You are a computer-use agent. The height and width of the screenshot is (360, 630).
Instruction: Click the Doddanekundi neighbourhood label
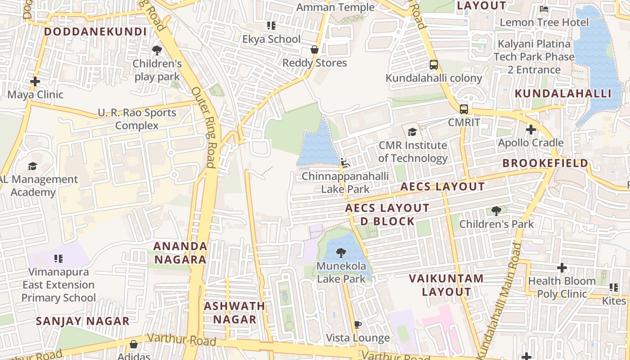tap(95, 31)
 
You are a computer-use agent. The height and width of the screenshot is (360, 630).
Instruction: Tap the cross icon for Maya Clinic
tap(35, 81)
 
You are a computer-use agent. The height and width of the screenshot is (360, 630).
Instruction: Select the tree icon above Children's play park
tap(157, 50)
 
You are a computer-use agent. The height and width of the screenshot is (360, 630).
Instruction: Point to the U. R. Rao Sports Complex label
tap(137, 119)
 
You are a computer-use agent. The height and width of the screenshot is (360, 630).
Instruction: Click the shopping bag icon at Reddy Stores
tap(315, 49)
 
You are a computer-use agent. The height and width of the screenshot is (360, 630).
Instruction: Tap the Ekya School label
tap(271, 39)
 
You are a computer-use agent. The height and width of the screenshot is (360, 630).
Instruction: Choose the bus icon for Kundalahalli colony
tap(434, 65)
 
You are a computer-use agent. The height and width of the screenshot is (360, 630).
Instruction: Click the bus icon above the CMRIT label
tap(464, 109)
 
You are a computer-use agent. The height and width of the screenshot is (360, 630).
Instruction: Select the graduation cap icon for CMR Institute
tap(412, 132)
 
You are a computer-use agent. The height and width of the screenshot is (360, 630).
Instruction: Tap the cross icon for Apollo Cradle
tap(531, 130)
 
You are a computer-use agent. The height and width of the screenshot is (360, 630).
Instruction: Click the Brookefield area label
tap(545, 163)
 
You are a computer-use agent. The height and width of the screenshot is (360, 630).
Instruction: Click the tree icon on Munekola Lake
tap(342, 252)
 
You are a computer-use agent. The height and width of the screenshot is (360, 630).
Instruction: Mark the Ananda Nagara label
tap(180, 253)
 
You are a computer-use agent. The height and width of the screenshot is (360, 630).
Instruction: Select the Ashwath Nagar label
tap(234, 313)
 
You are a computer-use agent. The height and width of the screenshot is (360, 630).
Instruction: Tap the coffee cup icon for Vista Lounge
tap(358, 324)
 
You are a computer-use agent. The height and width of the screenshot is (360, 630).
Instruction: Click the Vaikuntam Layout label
tap(446, 285)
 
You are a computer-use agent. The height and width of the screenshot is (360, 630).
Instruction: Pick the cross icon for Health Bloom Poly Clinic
tap(562, 268)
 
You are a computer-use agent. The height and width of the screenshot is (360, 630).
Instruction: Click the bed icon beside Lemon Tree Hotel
tap(544, 9)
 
